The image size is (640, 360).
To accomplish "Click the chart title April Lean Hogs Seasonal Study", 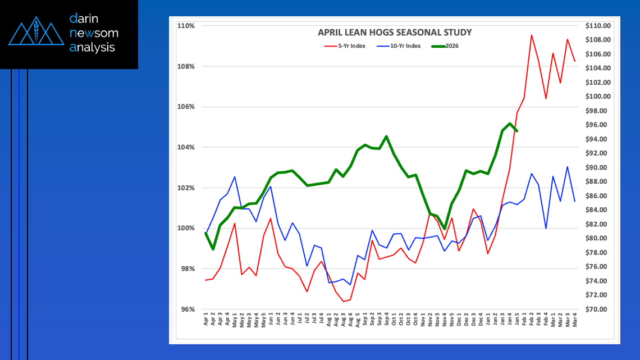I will tap(395, 33).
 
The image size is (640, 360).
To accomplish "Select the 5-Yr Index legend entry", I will tap(345, 46).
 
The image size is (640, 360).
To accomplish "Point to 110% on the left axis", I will tap(186, 26).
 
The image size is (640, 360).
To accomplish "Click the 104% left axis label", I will tap(186, 147).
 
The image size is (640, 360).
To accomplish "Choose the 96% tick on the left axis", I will tap(187, 309).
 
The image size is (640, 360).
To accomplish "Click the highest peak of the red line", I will tap(531, 35).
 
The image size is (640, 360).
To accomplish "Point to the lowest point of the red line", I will tap(343, 302).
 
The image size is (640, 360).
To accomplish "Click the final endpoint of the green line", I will tap(516, 131).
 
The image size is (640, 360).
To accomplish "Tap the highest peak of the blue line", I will tap(568, 166).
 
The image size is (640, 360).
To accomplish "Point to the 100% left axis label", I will tap(186, 228).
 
